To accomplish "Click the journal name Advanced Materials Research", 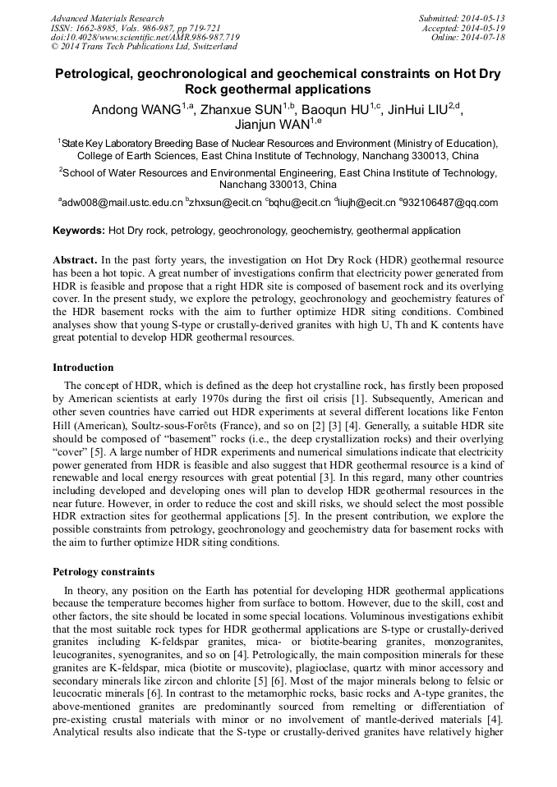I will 107,18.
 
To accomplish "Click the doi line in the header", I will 145,37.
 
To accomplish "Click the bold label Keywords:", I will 79,231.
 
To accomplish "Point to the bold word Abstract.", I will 76,259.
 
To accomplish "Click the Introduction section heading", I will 83,367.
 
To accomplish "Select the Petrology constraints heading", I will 103,571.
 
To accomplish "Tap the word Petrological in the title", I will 92,74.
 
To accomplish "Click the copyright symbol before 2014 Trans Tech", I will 54,47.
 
